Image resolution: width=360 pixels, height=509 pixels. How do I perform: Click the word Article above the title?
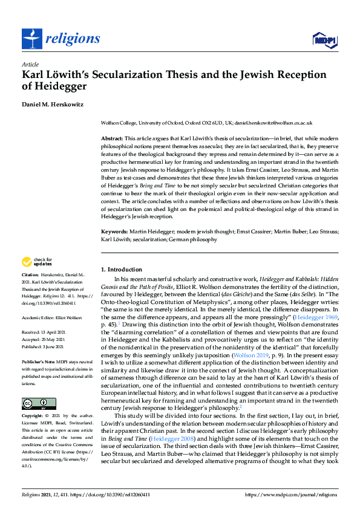click(x=30, y=64)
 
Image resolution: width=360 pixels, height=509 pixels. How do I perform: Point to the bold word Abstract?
click(x=112, y=138)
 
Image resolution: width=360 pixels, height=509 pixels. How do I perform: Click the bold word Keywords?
click(x=114, y=231)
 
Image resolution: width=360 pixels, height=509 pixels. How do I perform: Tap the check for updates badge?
click(x=37, y=262)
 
